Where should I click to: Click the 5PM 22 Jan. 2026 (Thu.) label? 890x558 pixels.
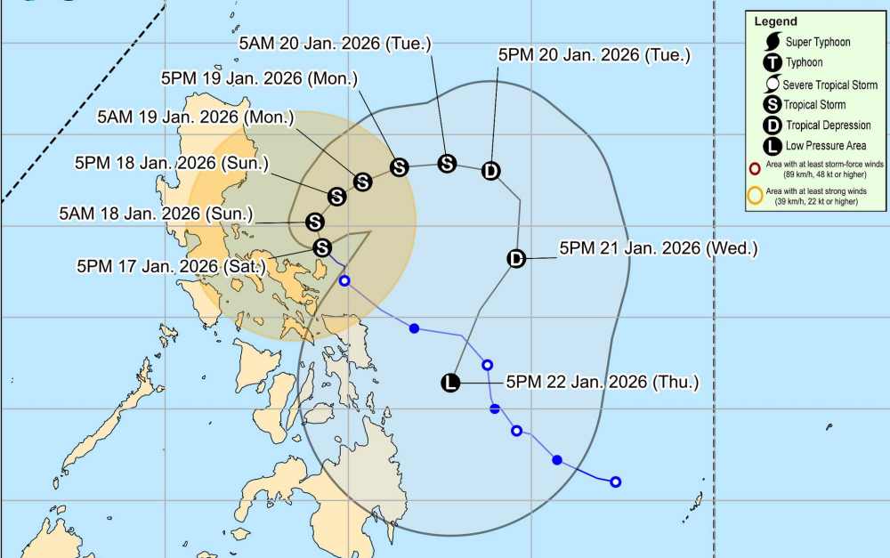(x=603, y=383)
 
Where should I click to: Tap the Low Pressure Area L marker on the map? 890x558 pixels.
(x=451, y=384)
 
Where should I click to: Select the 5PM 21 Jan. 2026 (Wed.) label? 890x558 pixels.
(x=658, y=249)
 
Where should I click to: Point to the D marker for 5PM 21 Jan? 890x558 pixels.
(x=516, y=258)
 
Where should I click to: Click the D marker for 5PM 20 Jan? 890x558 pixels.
(x=491, y=171)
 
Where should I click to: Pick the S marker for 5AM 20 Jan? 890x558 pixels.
(x=447, y=163)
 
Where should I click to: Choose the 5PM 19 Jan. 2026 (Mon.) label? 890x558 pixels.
(x=260, y=78)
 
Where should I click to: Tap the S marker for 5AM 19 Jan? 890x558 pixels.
(x=362, y=182)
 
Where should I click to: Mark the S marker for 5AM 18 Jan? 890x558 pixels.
(x=314, y=222)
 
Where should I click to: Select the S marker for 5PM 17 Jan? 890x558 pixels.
(x=322, y=247)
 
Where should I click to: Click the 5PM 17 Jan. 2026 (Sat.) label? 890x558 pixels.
(x=171, y=265)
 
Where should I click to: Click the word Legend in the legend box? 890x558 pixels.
(x=775, y=21)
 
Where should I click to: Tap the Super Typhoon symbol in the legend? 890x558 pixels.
(x=773, y=42)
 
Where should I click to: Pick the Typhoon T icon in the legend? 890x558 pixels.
(x=773, y=62)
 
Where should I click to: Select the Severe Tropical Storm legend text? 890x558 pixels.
(x=829, y=85)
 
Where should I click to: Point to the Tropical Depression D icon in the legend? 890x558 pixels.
(x=773, y=125)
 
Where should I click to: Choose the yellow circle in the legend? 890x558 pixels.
(x=755, y=197)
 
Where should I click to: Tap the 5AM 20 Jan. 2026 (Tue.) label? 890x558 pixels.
(x=335, y=43)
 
